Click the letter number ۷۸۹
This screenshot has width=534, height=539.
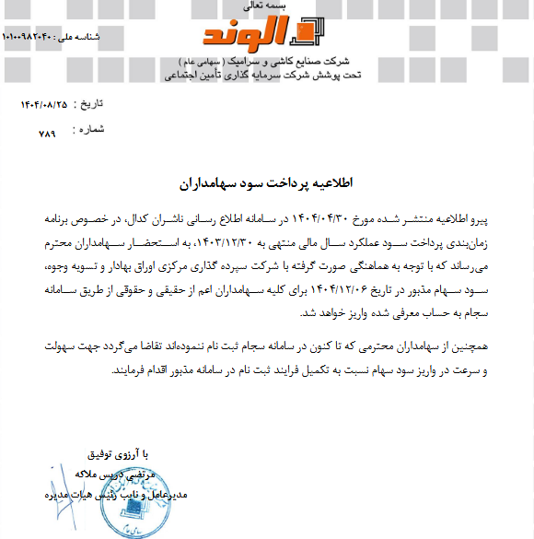tap(47, 134)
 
